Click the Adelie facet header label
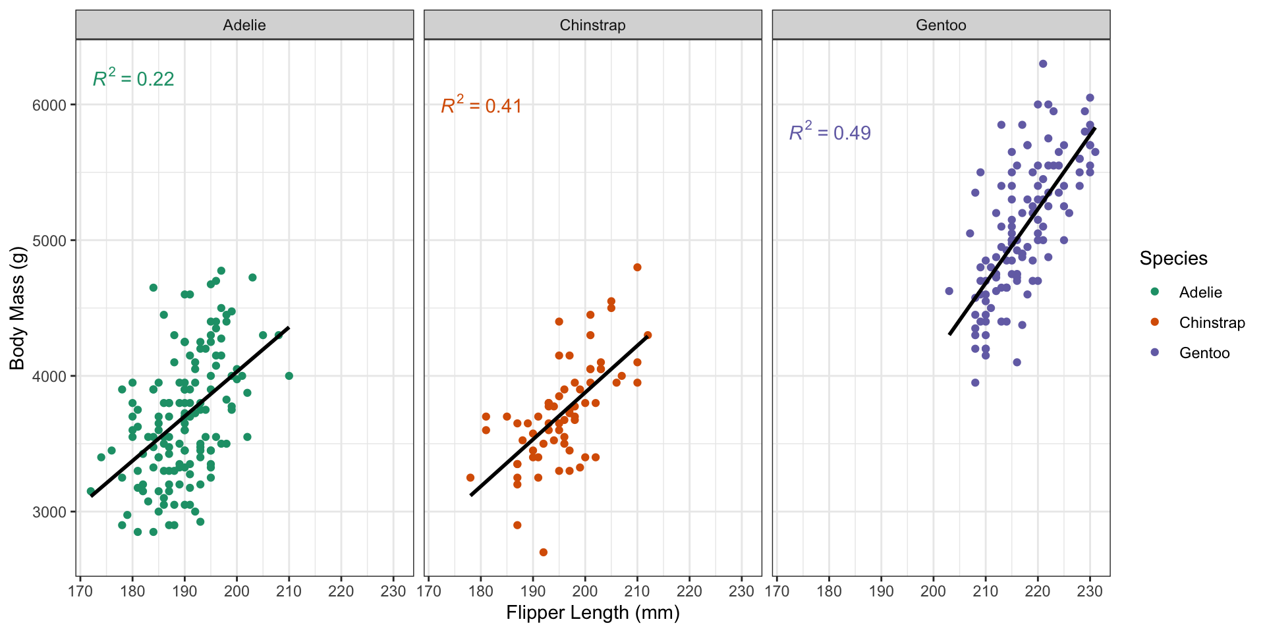point(244,25)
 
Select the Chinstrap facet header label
point(592,25)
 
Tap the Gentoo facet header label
point(941,25)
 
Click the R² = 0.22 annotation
point(134,78)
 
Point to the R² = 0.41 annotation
point(482,105)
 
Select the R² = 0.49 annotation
point(830,132)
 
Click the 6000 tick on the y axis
point(49,105)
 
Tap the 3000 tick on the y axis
point(49,512)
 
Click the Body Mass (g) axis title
point(17,308)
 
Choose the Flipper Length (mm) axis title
point(592,613)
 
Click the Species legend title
point(1173,258)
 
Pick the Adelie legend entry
point(1200,292)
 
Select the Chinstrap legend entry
point(1212,323)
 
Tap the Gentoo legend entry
point(1204,353)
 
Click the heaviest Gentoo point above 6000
point(1043,64)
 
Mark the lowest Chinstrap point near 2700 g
point(544,552)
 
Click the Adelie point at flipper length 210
point(289,376)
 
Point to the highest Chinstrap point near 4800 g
point(637,267)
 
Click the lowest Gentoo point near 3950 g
point(975,382)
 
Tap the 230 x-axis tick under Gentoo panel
point(1090,591)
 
